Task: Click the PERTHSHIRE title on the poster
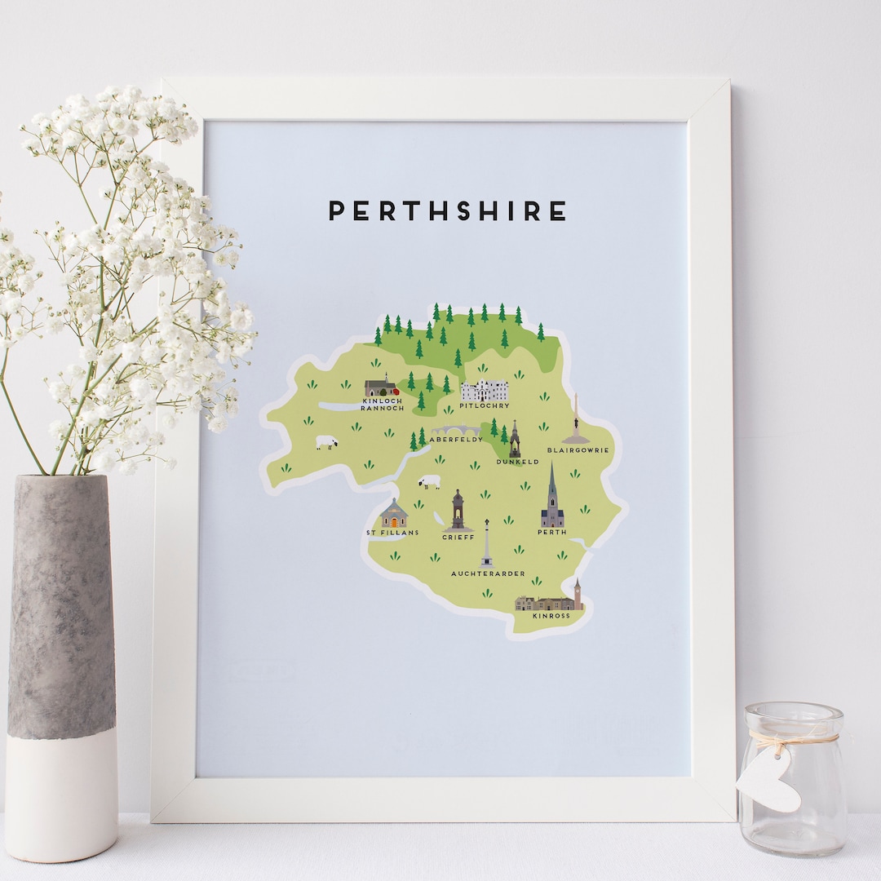pos(447,211)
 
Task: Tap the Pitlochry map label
pos(485,405)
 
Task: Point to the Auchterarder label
pos(488,573)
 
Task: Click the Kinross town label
pos(551,616)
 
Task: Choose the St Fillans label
pos(392,533)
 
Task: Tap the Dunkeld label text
pos(517,462)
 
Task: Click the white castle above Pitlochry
pos(485,390)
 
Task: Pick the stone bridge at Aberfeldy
pos(457,429)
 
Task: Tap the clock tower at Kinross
pos(578,594)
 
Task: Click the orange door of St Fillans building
pos(394,522)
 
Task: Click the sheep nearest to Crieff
pos(429,482)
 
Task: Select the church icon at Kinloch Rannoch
pos(379,387)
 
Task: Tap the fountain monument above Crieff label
pos(458,511)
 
